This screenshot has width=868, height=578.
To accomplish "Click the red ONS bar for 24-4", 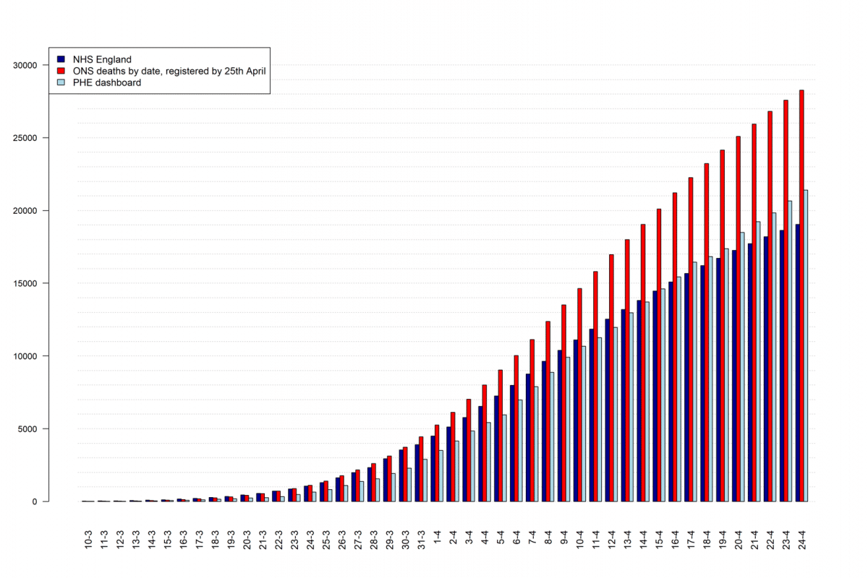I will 801,296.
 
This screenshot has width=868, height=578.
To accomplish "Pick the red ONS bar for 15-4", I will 658,355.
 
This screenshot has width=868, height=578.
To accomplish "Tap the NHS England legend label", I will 102,59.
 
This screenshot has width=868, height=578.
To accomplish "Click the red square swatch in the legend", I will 61,71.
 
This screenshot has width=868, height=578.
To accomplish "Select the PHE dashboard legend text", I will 107,82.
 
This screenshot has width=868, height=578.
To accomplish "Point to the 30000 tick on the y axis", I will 25,65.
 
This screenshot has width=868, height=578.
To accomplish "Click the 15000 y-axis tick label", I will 25,283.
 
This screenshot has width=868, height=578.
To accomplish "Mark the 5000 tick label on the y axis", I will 27,428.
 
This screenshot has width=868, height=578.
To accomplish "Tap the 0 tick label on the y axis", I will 34,501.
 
